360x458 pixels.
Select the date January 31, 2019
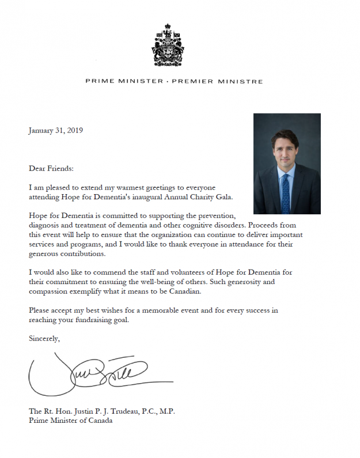point(56,130)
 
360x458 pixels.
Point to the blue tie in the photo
point(286,194)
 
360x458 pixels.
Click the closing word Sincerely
point(44,339)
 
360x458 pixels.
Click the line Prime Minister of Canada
point(71,421)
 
